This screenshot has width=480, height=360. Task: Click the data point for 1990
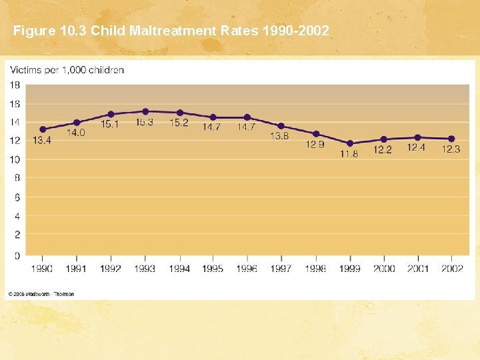(43, 129)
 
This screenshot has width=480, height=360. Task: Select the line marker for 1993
(145, 111)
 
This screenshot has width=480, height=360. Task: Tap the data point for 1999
(349, 143)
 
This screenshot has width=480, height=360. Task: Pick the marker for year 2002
(451, 139)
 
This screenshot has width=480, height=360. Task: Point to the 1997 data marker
(281, 126)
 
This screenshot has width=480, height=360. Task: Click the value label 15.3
(145, 123)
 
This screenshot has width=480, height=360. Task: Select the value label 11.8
(349, 154)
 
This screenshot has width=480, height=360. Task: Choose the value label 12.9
(315, 145)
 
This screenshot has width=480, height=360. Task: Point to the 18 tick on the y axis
(15, 85)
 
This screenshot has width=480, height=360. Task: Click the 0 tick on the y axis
(17, 255)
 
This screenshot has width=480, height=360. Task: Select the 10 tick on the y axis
(15, 159)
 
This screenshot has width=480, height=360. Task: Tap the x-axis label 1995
(213, 269)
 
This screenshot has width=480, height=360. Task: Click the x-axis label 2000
(383, 269)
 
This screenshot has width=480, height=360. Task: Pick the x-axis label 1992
(111, 269)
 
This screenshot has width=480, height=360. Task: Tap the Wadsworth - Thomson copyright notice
(41, 294)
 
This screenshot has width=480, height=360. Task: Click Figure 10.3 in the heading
(50, 31)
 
